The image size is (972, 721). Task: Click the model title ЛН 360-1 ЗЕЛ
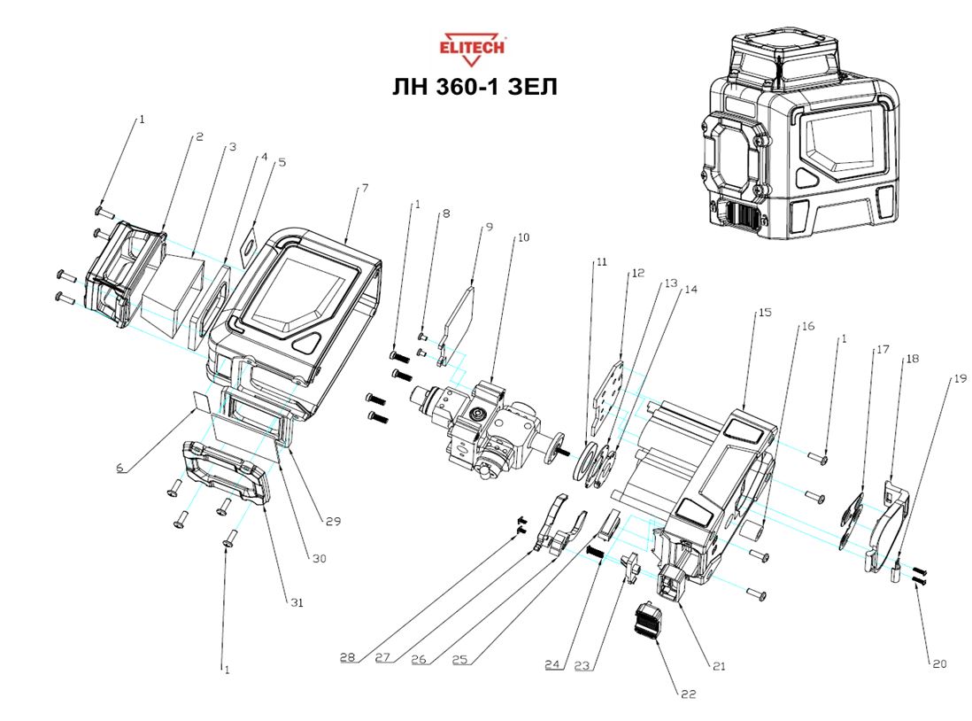coord(474,88)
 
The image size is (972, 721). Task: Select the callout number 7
coord(364,190)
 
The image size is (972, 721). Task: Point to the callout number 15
coord(765,314)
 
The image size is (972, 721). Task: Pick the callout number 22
coord(688,694)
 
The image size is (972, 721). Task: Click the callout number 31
coord(297,602)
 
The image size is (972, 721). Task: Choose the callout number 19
coord(960,378)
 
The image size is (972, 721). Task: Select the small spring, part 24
coord(597,551)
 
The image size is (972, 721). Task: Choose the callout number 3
coord(232,148)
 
